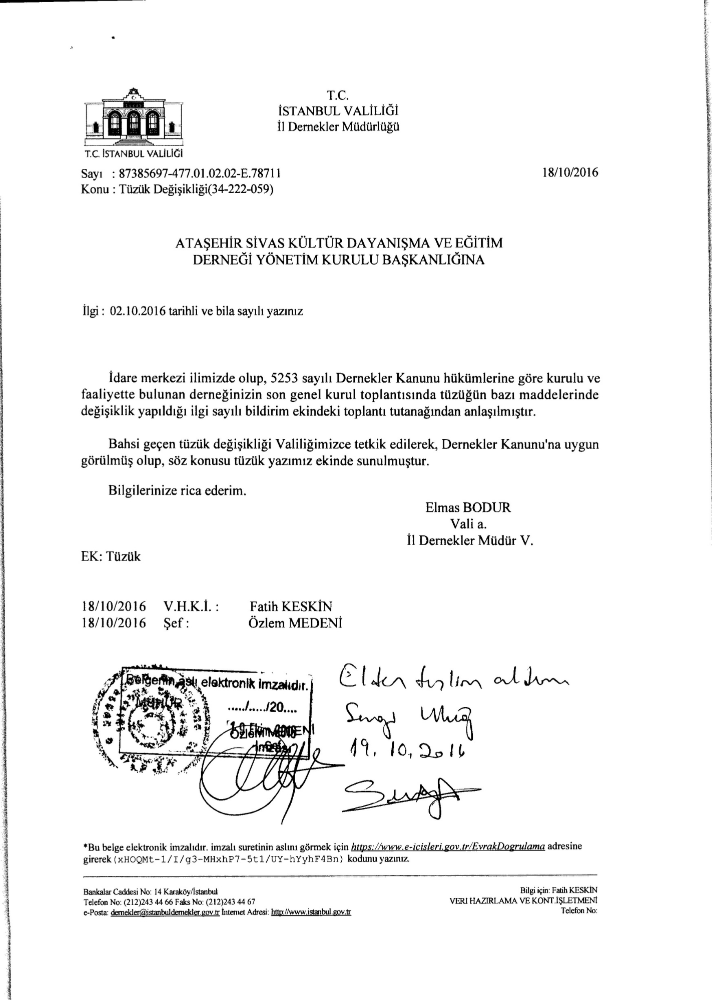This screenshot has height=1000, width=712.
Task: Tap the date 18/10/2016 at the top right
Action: coord(570,173)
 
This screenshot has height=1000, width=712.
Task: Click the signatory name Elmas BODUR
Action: coord(468,508)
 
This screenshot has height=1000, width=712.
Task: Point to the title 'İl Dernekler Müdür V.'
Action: coord(471,540)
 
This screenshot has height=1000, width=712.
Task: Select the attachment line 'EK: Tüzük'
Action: coord(111,556)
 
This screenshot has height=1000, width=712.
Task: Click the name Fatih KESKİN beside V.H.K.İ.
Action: coord(291,606)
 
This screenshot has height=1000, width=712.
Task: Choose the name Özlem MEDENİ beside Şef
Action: coord(295,623)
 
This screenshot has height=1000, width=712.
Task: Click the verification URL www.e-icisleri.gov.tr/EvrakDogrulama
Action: coord(448,847)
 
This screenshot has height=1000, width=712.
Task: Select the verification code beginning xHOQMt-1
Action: coord(228,859)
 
